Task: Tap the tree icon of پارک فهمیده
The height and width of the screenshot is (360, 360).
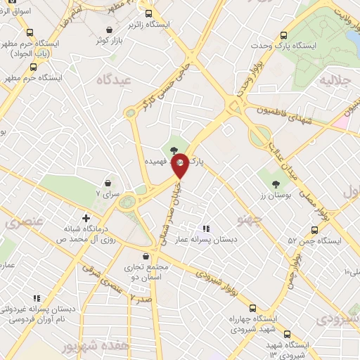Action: pos(174,148)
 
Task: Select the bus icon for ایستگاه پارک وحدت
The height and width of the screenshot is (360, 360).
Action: pos(284,36)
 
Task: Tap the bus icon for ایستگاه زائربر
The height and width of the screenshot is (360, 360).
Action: pos(148,13)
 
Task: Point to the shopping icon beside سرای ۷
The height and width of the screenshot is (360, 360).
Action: pos(108,182)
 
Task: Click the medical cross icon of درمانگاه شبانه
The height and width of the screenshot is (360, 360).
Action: pos(86,218)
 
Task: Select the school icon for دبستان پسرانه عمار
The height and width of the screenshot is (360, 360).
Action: pos(206,229)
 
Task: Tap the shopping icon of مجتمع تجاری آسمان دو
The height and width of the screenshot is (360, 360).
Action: pos(146,257)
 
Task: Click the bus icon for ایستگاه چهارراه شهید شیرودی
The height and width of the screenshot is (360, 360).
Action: pos(252,307)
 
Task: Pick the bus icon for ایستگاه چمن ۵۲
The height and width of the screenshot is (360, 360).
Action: pos(314,230)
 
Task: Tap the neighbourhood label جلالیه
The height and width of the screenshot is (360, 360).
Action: pos(335,80)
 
